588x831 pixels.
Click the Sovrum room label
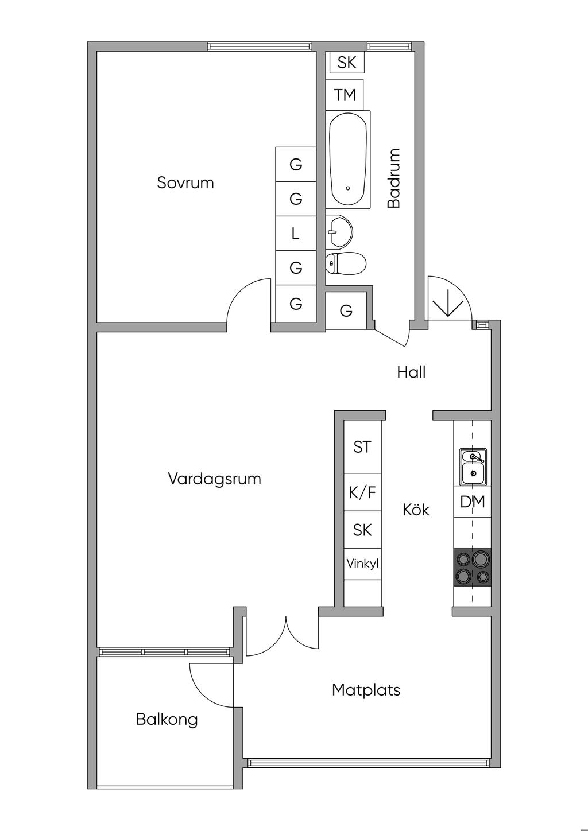185,183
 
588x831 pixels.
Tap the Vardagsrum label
215,479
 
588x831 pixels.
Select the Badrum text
394,178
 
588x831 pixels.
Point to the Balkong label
167,720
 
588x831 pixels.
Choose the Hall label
411,372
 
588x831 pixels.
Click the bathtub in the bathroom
348,160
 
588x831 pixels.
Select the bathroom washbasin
339,231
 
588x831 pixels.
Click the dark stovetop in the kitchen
472,568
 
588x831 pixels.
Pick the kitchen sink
473,467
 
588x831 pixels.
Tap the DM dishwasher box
472,502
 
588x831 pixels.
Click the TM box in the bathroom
345,95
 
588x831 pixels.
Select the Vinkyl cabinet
363,564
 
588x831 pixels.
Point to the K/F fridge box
363,492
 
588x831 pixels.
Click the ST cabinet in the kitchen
363,446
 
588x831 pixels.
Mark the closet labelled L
296,234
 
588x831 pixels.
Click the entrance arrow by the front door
448,302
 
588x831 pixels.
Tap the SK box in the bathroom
347,63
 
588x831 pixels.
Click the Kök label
416,510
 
